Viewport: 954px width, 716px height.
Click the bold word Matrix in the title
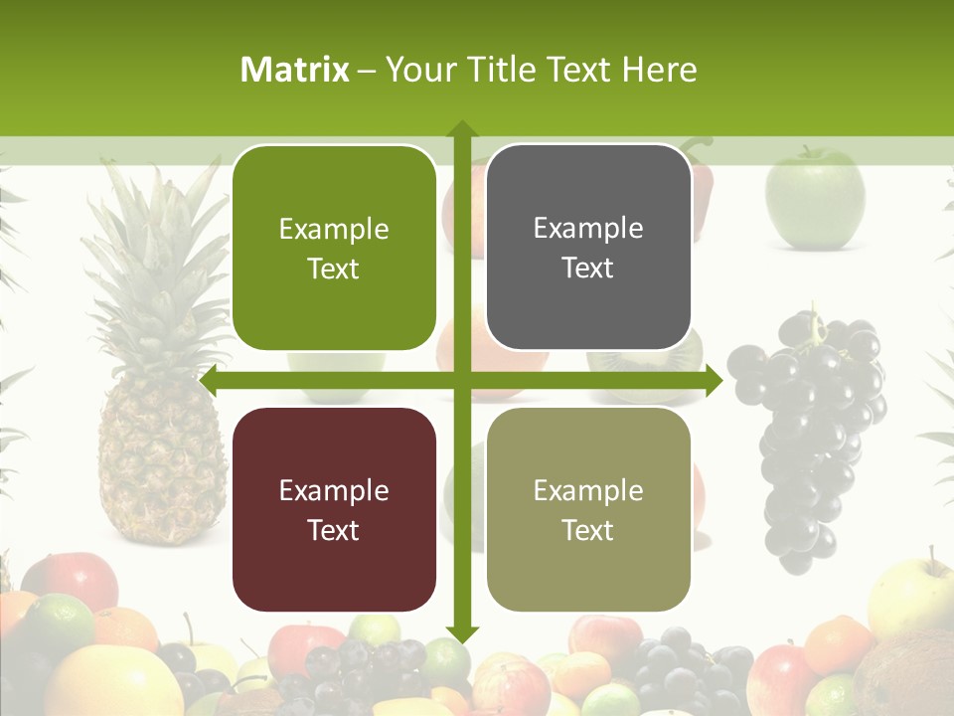[x=294, y=70]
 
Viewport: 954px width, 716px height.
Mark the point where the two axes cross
[x=462, y=382]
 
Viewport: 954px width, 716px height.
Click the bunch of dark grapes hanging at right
[x=810, y=438]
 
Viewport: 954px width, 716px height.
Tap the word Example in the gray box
[x=588, y=229]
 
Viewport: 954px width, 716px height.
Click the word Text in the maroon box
[x=334, y=530]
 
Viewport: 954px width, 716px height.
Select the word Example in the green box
[x=334, y=230]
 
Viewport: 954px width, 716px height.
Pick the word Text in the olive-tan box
[x=588, y=530]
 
